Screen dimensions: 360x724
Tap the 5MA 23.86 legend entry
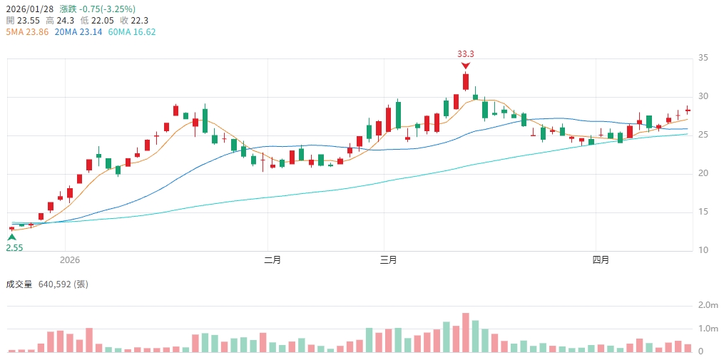point(27,32)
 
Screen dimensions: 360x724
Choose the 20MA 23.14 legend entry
point(81,32)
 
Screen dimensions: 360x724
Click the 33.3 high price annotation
point(466,53)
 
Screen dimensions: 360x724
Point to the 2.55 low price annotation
point(14,247)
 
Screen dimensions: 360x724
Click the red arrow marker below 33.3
point(466,65)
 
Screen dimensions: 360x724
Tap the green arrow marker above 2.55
point(11,237)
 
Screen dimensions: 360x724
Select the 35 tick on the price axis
point(703,58)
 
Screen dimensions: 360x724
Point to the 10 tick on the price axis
point(703,250)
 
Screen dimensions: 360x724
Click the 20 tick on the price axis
point(703,173)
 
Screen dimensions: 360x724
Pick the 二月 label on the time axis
point(272,260)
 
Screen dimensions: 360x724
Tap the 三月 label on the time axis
point(389,260)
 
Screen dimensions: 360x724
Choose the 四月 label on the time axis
point(601,260)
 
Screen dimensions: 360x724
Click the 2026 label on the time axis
point(71,260)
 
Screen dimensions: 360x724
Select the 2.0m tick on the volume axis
point(708,305)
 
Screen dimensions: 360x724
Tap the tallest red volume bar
point(466,332)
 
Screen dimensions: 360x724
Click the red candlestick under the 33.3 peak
point(466,81)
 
